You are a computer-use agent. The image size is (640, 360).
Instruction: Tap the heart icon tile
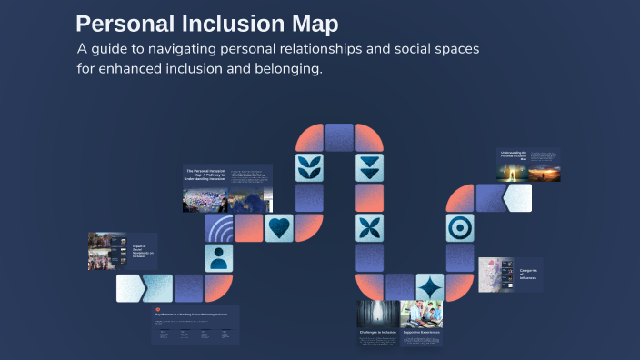pos(279,227)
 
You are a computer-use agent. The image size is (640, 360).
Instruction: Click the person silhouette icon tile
pos(219,257)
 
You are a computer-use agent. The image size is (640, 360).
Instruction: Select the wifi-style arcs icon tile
pos(219,227)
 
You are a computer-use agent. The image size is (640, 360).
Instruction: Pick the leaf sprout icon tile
pos(310,167)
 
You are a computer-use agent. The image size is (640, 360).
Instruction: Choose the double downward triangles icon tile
pos(369,167)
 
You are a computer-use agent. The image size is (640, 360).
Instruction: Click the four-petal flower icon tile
pos(369,227)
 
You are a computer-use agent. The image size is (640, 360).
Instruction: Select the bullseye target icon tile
pos(459,227)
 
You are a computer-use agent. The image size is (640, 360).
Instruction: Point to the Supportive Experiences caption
pos(421,333)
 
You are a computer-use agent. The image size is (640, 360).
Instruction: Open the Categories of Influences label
pos(528,273)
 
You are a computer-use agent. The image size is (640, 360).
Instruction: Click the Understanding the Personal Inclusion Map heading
pos(513,155)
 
